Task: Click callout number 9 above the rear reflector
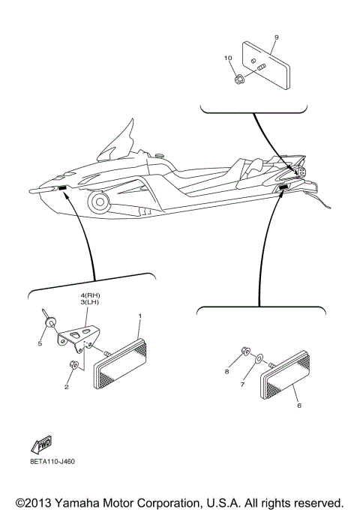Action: (276, 37)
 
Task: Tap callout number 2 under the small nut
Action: (66, 388)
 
